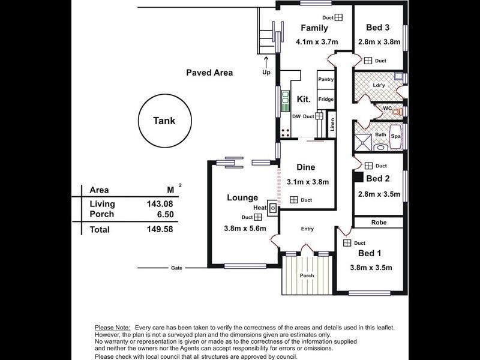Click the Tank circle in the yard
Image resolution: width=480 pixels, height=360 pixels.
pyautogui.click(x=164, y=121)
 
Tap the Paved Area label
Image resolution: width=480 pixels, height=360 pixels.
pyautogui.click(x=209, y=73)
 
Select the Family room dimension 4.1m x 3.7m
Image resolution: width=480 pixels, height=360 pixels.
pyautogui.click(x=317, y=42)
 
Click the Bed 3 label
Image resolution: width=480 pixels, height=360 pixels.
pyautogui.click(x=378, y=27)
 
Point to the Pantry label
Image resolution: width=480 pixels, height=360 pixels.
pyautogui.click(x=326, y=79)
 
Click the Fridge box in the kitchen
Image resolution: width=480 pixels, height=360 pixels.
pyautogui.click(x=326, y=100)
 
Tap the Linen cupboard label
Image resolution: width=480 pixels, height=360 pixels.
pyautogui.click(x=332, y=125)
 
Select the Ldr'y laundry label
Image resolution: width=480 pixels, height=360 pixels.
pyautogui.click(x=379, y=85)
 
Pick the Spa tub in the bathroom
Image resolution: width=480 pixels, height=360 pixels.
pyautogui.click(x=396, y=136)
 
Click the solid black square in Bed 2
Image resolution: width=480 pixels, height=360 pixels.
pyautogui.click(x=358, y=178)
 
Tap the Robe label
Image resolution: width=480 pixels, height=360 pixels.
pyautogui.click(x=378, y=223)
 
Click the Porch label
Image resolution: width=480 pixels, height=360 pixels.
pyautogui.click(x=307, y=275)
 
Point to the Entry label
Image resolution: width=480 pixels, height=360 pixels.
pyautogui.click(x=307, y=229)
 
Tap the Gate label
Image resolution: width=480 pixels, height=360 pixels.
pyautogui.click(x=176, y=268)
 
